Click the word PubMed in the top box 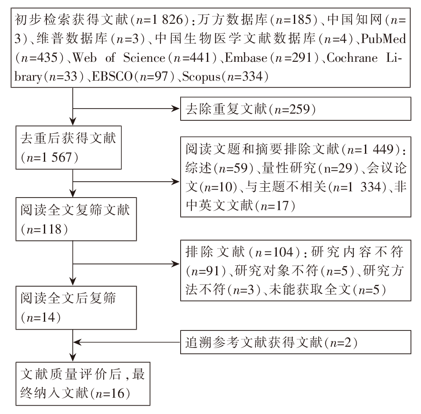[383, 38]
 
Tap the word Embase [246, 58]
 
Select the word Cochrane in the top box [352, 58]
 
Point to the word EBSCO [112, 76]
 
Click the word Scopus [202, 77]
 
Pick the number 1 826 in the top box [168, 20]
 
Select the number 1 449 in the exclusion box [377, 149]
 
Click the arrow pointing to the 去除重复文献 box [126, 109]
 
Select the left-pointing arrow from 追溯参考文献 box [126, 343]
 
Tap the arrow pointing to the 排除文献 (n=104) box [126, 264]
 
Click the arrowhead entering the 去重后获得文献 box [73, 122]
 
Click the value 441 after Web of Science [200, 58]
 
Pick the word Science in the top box [144, 58]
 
